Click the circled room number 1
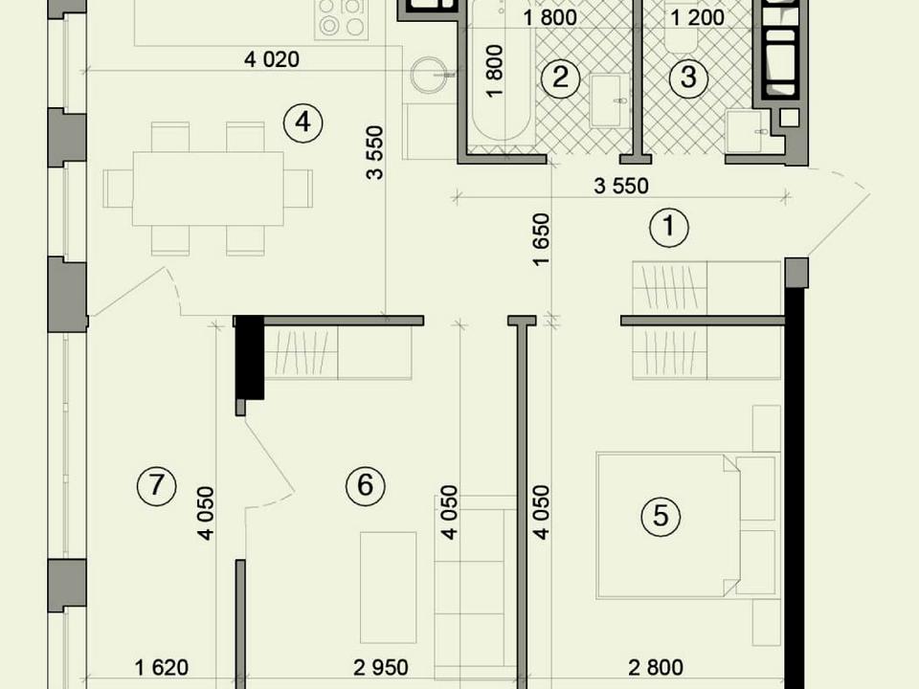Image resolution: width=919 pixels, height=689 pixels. [x=669, y=227]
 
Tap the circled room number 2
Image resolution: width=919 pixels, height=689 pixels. [x=560, y=77]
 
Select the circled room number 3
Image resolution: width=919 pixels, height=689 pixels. [x=688, y=77]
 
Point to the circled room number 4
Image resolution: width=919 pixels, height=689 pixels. [x=303, y=122]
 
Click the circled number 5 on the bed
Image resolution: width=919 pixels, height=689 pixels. [x=661, y=516]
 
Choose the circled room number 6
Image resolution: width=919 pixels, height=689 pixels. [x=365, y=485]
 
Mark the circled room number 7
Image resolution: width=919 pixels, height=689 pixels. [x=156, y=485]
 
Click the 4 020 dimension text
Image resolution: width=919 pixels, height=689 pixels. [x=271, y=59]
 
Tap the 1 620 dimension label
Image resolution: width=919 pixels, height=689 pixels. [x=162, y=667]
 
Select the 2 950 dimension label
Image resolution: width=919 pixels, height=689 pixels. [x=381, y=667]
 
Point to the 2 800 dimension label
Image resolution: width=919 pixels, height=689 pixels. [x=656, y=667]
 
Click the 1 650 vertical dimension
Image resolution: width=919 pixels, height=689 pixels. [x=542, y=239]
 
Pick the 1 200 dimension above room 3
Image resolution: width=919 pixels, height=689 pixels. [x=698, y=18]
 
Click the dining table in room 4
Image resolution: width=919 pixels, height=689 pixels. [x=208, y=189]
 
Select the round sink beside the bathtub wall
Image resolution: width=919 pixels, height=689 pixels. [x=431, y=76]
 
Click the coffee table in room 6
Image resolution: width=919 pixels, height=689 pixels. [x=388, y=587]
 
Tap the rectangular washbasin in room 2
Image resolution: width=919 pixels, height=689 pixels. [x=607, y=100]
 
